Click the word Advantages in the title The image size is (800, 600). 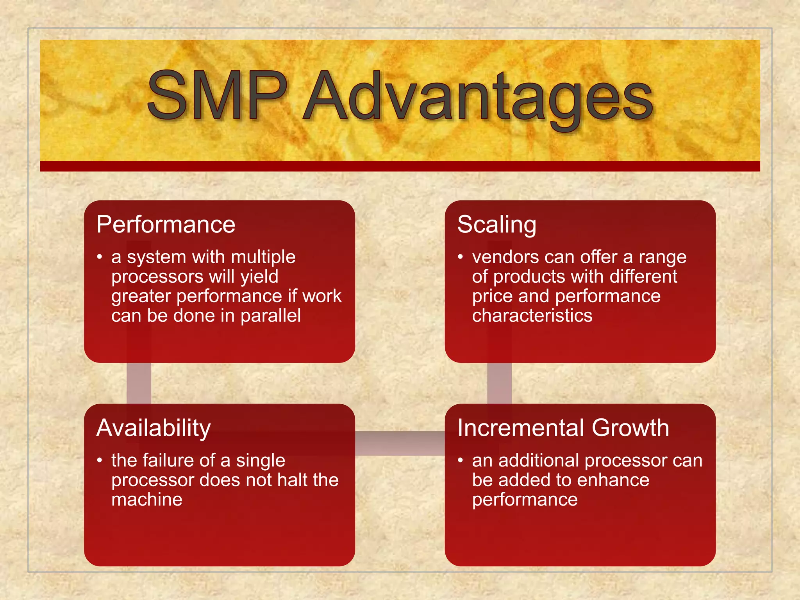(x=478, y=98)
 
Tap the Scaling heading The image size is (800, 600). (x=496, y=225)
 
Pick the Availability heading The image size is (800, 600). (x=154, y=429)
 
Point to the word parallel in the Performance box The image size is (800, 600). (x=270, y=316)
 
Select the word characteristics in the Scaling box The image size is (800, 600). (x=532, y=316)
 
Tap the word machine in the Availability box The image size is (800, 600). (x=146, y=500)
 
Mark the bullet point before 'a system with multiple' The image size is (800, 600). (x=100, y=257)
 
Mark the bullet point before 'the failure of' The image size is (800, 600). (x=100, y=461)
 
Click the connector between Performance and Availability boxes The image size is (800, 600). (x=139, y=383)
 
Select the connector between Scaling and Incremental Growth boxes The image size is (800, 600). (x=499, y=383)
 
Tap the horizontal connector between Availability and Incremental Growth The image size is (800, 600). (x=400, y=443)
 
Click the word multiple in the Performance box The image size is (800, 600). (x=263, y=257)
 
